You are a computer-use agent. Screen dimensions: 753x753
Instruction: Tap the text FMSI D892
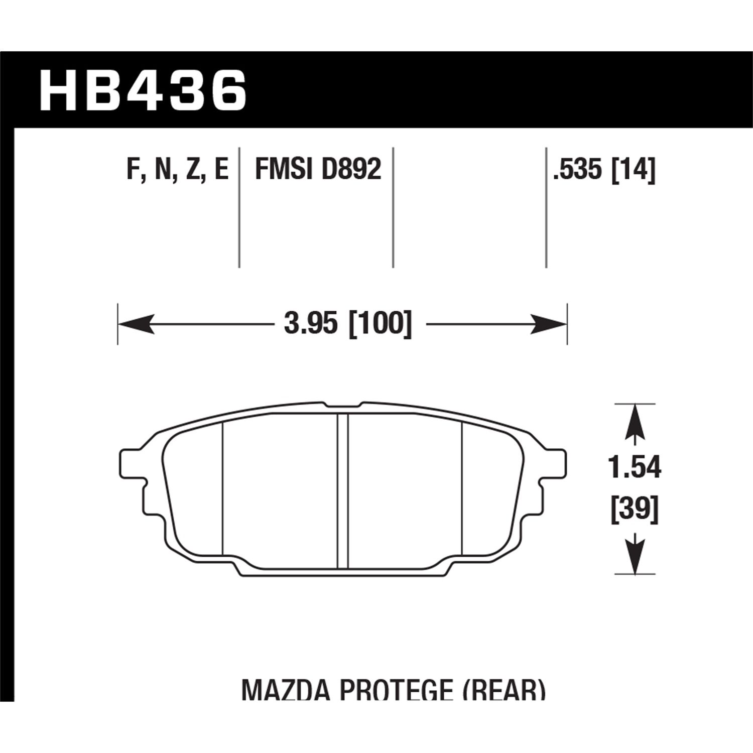pos(318,170)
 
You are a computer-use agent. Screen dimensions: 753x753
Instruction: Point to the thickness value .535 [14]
pos(604,170)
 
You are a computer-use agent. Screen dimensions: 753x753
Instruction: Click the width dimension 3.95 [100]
pos(347,324)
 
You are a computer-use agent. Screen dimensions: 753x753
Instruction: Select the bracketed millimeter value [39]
pos(635,510)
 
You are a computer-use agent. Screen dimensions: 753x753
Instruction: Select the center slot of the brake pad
pos(343,492)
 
